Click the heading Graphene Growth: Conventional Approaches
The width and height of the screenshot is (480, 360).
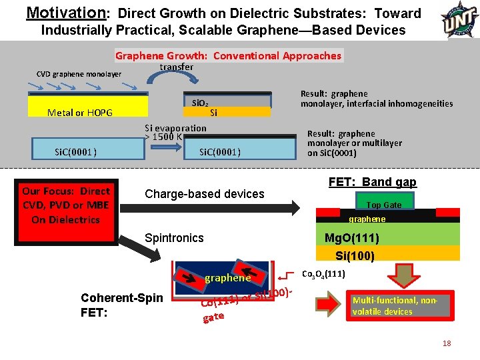click(228, 56)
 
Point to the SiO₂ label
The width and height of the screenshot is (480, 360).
click(199, 103)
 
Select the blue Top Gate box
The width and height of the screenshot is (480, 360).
click(384, 204)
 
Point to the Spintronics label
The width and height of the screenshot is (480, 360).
click(174, 238)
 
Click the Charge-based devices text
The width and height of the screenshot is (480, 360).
click(204, 194)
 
